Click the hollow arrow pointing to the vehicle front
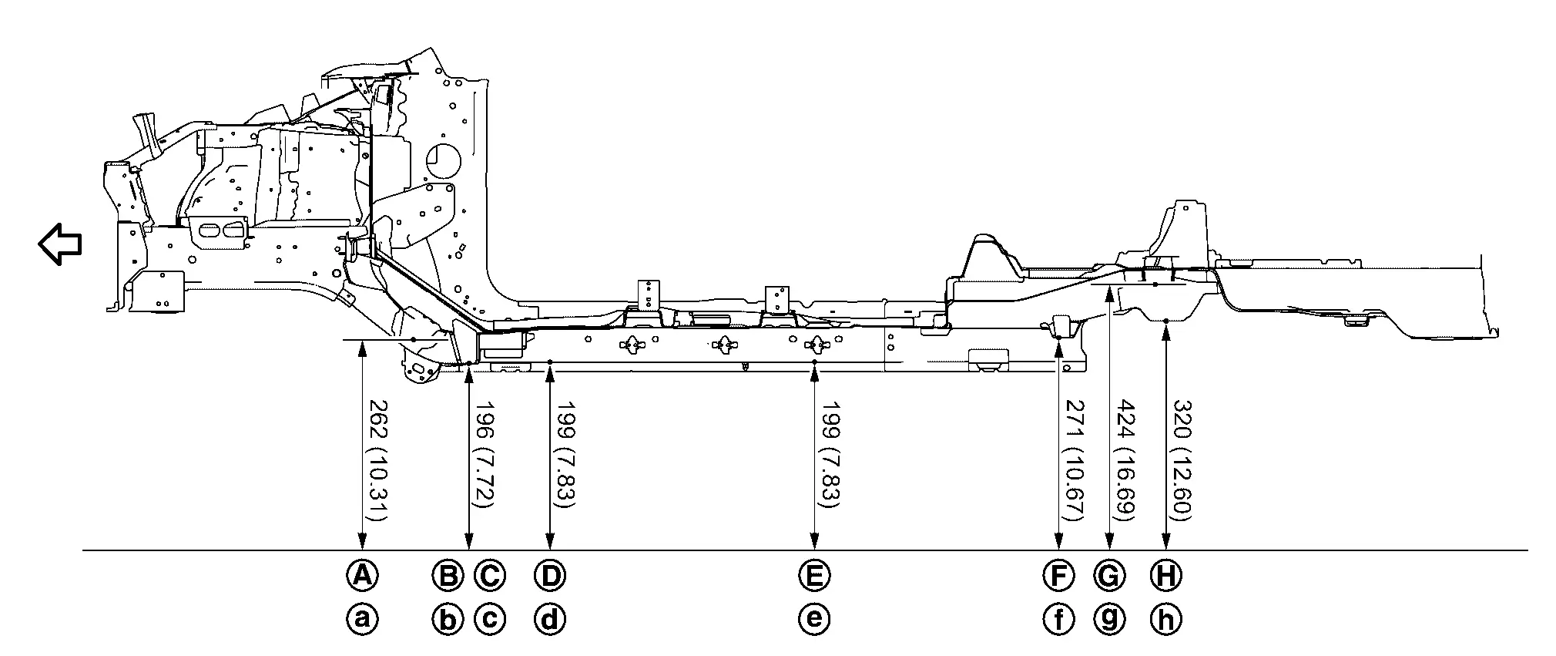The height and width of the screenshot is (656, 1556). (60, 244)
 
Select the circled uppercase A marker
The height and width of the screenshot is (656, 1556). (362, 574)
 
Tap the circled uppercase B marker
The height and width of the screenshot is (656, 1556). (448, 574)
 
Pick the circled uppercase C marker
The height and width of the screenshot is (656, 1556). (489, 574)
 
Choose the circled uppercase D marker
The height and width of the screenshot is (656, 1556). (549, 574)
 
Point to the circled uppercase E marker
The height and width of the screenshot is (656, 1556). (814, 574)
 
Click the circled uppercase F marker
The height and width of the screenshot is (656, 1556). (1058, 574)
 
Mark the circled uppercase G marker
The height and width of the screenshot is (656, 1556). (1108, 574)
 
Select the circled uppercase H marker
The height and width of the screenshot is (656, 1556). (1166, 574)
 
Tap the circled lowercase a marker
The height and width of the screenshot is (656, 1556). (362, 618)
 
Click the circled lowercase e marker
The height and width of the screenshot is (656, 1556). (814, 618)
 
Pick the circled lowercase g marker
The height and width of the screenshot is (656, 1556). (1108, 618)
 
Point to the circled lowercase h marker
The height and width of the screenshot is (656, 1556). (1166, 618)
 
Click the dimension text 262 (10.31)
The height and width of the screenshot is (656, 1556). (378, 460)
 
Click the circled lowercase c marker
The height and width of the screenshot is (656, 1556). (489, 618)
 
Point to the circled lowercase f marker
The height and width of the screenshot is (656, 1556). (1058, 618)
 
